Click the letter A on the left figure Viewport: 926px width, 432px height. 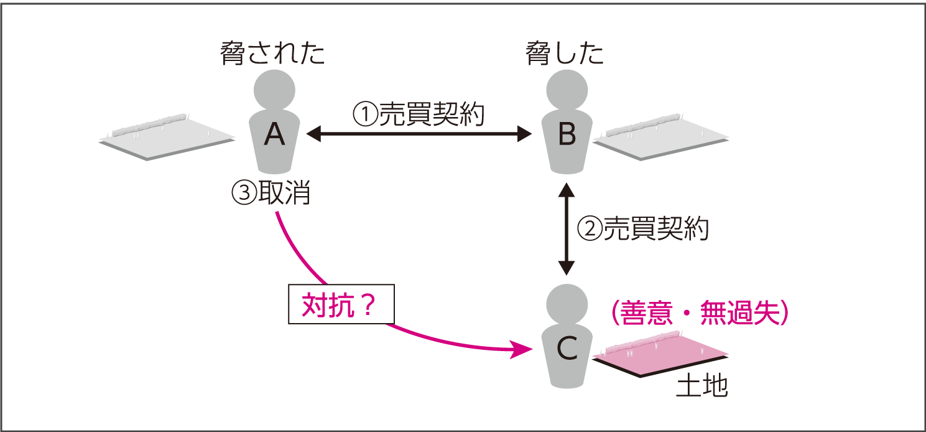274,133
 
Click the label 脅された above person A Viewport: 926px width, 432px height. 273,54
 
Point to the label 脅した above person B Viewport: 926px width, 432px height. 565,54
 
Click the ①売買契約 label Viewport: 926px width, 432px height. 419,115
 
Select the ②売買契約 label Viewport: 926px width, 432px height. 643,229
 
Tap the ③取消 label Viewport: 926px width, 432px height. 271,194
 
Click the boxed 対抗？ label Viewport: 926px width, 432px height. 341,305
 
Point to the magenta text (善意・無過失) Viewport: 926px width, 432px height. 700,313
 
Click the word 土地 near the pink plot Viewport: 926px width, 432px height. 701,387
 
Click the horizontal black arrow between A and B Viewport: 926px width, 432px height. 419,133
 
